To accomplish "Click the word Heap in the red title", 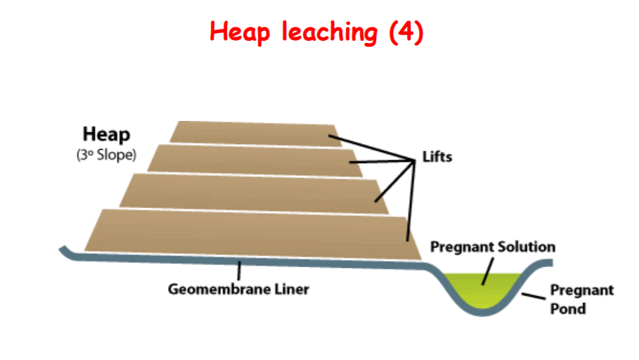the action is coord(239,32).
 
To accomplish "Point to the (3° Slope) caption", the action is coord(105,155).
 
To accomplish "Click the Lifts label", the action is coord(437,157).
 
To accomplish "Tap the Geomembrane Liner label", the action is coord(238,289).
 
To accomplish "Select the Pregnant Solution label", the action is coord(493,247).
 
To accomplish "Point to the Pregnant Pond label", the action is coord(581,299).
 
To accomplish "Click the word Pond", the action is coord(569,308).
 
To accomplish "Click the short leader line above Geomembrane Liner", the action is coord(239,270).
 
